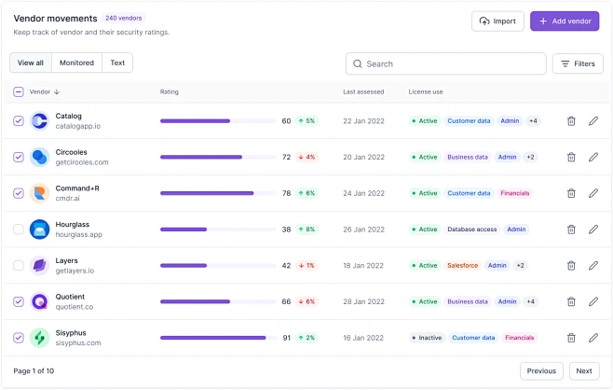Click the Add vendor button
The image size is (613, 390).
(565, 21)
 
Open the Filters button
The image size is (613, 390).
(578, 63)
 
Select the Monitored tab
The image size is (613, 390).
(76, 63)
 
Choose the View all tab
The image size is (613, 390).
(31, 63)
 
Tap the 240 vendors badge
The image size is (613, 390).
(124, 18)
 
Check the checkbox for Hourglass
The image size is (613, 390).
(19, 230)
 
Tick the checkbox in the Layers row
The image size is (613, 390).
(19, 266)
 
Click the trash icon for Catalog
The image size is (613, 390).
(571, 121)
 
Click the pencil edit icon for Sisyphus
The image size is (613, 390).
(593, 338)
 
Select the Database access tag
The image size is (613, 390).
(471, 230)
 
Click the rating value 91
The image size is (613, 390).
(286, 338)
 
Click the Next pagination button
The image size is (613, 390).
(583, 370)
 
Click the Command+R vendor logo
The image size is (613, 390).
(39, 193)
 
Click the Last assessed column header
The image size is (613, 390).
(362, 92)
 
